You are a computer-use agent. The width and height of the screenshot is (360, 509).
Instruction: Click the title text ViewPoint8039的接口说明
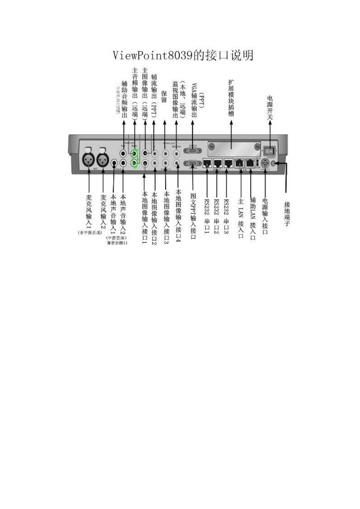click(x=183, y=55)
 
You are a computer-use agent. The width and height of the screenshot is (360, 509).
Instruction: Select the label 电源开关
click(x=270, y=108)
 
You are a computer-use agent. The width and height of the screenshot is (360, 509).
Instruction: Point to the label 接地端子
click(x=287, y=214)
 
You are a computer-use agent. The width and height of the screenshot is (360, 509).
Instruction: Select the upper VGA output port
click(x=193, y=151)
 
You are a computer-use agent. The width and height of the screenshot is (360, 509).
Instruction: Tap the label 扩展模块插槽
click(x=231, y=97)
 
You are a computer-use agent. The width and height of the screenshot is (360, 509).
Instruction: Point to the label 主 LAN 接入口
click(x=240, y=218)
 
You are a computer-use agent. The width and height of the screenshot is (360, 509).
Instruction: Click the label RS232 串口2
click(x=217, y=216)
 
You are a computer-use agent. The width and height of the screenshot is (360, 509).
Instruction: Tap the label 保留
click(x=164, y=96)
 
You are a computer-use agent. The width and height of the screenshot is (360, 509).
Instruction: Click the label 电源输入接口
click(x=265, y=216)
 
